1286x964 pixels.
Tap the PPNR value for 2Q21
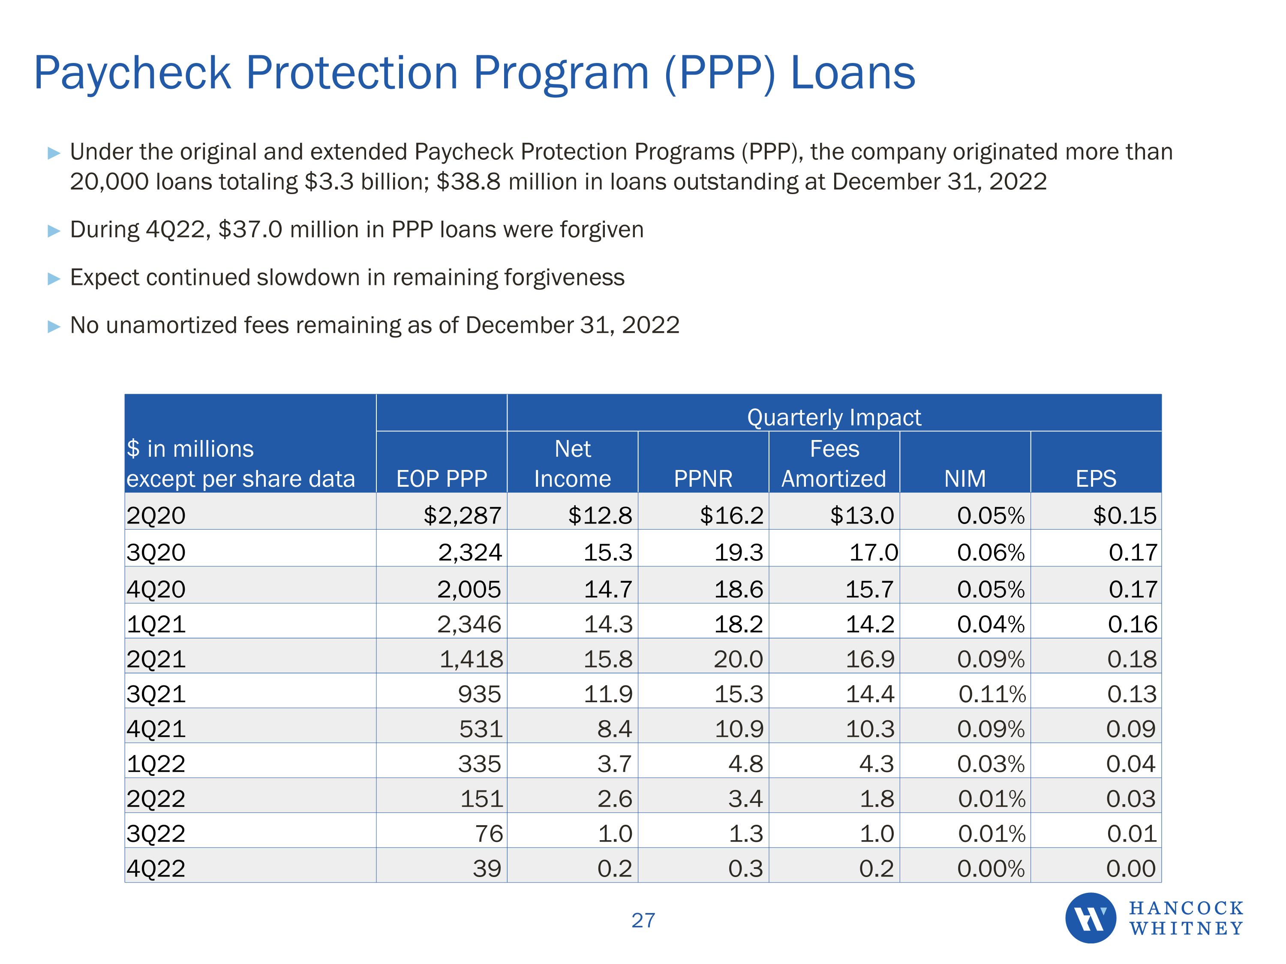738,659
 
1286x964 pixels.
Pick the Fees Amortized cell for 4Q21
870,729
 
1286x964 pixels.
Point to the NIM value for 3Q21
992,694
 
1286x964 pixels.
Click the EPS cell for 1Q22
1131,763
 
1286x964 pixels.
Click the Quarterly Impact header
834,417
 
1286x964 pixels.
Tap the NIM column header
964,478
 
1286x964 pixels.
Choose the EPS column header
1096,478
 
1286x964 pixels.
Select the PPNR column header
703,478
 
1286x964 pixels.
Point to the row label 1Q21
156,624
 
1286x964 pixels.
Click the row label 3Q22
156,833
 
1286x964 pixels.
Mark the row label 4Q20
156,589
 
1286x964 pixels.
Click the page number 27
643,920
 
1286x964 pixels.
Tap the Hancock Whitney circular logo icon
1090,918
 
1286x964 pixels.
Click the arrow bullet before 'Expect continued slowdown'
54,278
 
